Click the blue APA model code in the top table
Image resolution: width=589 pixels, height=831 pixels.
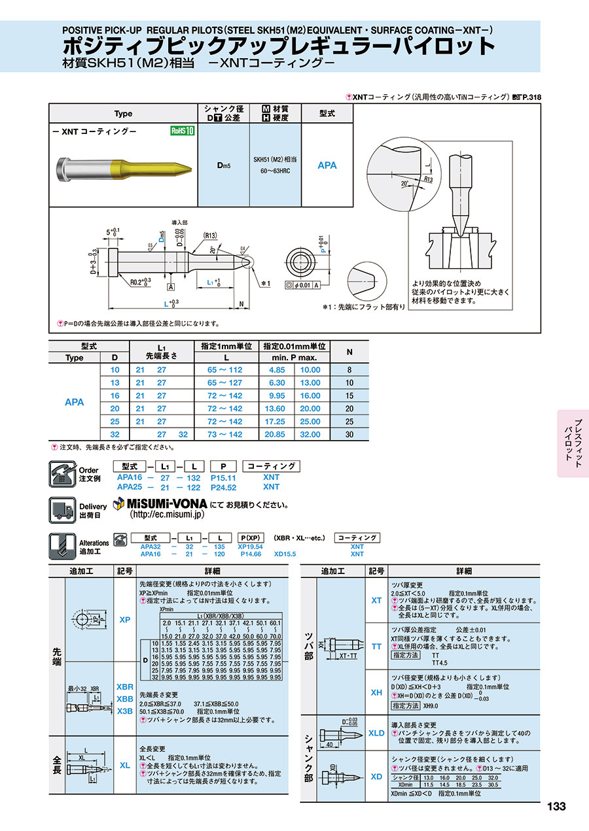tap(327, 165)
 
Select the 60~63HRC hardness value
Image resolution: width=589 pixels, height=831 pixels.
tap(275, 171)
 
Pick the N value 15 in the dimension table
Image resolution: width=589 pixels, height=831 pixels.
tap(349, 396)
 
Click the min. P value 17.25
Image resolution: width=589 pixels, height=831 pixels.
tap(277, 422)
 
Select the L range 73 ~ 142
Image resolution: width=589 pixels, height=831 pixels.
tap(224, 435)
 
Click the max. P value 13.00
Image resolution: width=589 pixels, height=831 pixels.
tap(310, 383)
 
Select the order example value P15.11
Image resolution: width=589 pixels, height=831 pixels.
tap(224, 478)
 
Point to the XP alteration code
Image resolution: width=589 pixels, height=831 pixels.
tap(125, 619)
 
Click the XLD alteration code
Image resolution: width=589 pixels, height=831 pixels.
tap(376, 733)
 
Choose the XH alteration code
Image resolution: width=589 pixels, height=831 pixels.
tap(376, 692)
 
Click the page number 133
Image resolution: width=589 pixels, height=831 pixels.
tap(556, 807)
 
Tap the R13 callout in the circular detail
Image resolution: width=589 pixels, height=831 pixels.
tap(429, 178)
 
